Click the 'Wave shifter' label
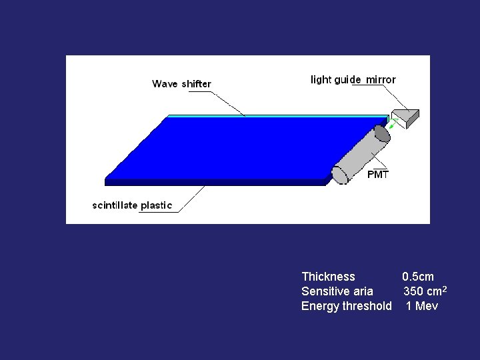click(181, 84)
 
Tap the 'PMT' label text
click(378, 175)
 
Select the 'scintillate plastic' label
click(131, 205)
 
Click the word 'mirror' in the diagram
click(381, 79)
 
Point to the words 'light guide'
click(336, 80)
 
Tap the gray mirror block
click(405, 117)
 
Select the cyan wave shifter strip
click(267, 116)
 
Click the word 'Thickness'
click(328, 277)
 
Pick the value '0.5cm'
click(417, 277)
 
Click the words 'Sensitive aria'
click(337, 291)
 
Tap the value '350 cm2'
click(424, 291)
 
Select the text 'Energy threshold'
click(346, 306)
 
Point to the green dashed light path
click(393, 123)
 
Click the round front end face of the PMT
click(340, 175)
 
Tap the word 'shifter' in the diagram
click(196, 84)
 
